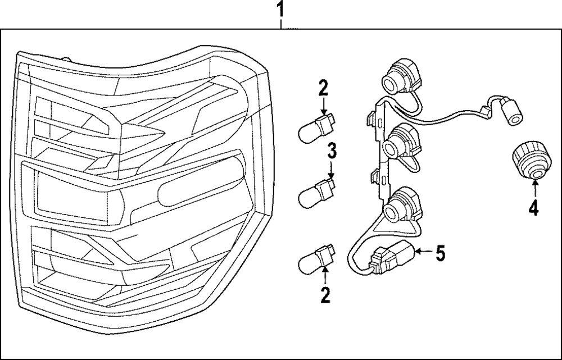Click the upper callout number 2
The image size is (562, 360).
click(x=324, y=88)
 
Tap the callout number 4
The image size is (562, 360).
click(x=533, y=209)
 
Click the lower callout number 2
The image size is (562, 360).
click(x=325, y=295)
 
